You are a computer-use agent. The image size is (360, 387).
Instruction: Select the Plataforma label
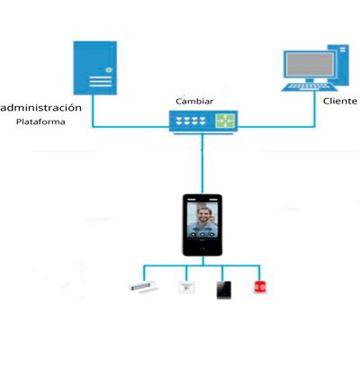point(40,122)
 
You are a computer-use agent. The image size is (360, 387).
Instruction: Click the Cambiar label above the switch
point(194,102)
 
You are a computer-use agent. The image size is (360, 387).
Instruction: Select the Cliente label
point(340,101)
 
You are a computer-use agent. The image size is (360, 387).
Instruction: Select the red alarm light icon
point(260,287)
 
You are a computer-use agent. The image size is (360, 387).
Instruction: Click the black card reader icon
point(223,289)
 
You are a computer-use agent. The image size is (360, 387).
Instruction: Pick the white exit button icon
point(187,288)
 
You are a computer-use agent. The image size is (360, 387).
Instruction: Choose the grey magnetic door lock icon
point(143,288)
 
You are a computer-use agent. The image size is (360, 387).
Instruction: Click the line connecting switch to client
point(279,126)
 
